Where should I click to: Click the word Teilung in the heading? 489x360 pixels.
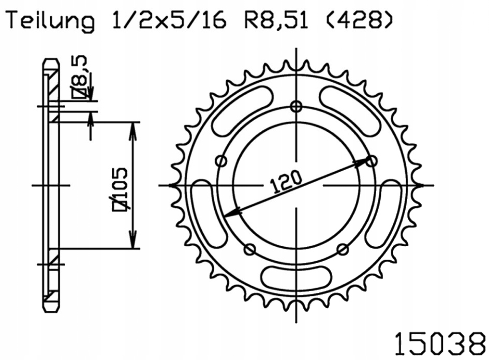pos(49,21)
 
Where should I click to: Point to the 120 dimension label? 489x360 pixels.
pos(286,182)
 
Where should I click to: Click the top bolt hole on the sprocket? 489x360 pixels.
pos(296,107)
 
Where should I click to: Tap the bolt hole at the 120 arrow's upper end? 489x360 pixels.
pos(371,161)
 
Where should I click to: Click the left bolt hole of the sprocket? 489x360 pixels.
pos(221,161)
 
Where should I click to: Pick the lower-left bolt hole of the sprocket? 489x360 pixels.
pos(249,250)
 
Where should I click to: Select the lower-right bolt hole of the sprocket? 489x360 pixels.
pos(343,250)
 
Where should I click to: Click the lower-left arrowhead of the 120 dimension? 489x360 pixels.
pos(232,213)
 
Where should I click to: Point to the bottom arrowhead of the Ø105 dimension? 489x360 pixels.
pos(134,243)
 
